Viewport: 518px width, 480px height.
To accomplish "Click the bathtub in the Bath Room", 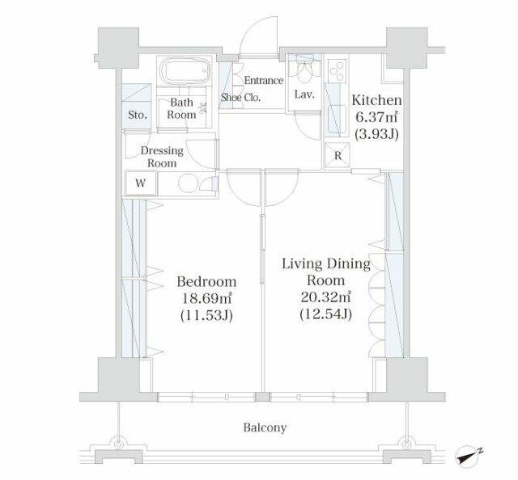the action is click(185, 71).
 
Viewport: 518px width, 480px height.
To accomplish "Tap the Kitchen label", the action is click(376, 100).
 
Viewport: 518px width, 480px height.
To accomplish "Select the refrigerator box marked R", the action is click(338, 155).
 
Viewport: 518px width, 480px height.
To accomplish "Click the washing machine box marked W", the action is click(141, 183).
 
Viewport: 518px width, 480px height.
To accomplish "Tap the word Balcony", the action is click(265, 427).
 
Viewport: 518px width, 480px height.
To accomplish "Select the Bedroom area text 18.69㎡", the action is click(206, 299).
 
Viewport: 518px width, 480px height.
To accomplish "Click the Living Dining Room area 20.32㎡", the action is click(325, 297).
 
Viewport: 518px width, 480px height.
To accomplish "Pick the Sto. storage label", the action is click(138, 115).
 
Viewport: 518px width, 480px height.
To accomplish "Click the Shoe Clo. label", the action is click(240, 97).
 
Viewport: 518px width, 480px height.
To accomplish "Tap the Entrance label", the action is click(264, 81).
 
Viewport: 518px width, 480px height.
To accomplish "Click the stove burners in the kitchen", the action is click(338, 71).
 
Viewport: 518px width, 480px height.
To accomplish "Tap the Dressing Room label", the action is click(162, 157).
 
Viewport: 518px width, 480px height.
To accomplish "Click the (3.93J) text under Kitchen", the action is click(376, 134).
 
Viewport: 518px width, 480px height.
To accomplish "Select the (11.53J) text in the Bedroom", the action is click(206, 316).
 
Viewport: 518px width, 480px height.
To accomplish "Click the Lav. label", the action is click(304, 95).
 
